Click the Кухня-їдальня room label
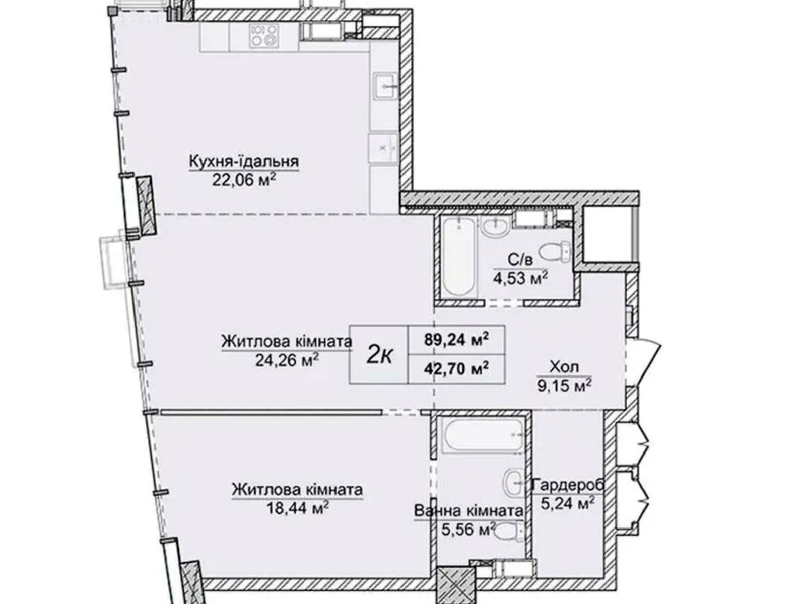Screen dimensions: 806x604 coord(244,162)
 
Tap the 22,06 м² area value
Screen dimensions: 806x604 coord(244,180)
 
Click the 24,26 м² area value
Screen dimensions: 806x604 coord(287,360)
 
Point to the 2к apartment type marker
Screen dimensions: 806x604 coord(379,355)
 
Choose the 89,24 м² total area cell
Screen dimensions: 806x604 coord(456,340)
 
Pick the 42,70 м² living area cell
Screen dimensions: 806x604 coord(456,368)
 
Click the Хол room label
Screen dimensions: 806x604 coord(564,367)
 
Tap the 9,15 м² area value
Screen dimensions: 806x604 coord(564,385)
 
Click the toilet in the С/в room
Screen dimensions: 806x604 coord(555,252)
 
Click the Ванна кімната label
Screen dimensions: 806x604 coord(468,511)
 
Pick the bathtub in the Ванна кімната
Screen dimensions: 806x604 coord(483,436)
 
